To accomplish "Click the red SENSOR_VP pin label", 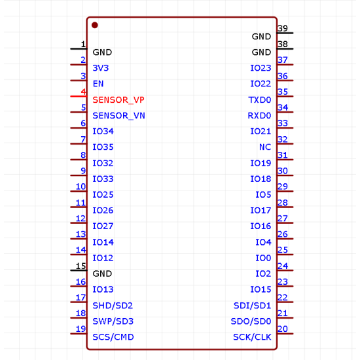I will pos(118,100).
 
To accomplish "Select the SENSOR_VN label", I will pos(118,116).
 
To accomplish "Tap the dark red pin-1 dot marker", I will pos(95,26).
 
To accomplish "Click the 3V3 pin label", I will pos(101,68).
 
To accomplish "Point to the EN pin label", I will pos(98,84).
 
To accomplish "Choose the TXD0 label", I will pos(259,100).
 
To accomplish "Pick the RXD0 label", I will pos(259,116).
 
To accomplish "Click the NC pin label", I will pos(265,147).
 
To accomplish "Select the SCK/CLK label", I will pos(252,337).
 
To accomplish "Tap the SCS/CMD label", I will pos(113,337).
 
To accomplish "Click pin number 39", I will pos(283,29).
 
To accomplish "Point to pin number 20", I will pos(283,329).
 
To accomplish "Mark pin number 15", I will pos(81,266).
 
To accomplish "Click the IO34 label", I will pos(103,132).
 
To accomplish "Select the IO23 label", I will pos(261,68).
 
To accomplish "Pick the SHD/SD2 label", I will pos(113,306).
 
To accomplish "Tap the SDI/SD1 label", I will pos(252,306).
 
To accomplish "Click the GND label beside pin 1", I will pos(102,52).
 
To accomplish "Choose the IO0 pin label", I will pos(263,258).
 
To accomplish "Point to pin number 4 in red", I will pos(83,92).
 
